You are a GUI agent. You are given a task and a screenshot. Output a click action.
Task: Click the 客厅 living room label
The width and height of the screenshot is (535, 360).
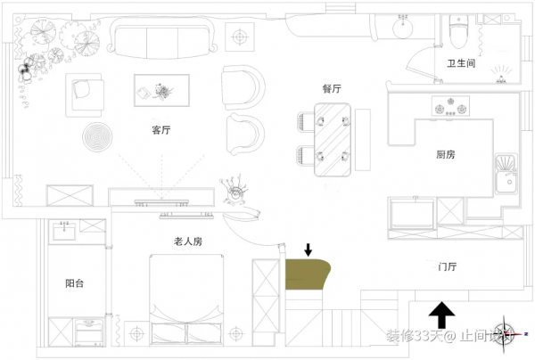point(160,130)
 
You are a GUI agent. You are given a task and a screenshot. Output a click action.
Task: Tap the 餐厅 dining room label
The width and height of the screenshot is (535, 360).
point(333,89)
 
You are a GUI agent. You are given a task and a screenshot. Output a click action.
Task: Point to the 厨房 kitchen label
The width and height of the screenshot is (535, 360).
point(446,155)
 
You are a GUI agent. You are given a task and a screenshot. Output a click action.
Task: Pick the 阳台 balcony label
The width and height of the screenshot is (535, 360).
point(76,284)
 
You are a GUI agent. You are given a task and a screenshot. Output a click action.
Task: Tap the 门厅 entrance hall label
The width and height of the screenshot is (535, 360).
point(448,266)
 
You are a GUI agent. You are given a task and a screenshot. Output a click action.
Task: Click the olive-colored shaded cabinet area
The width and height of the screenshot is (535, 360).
point(306,274)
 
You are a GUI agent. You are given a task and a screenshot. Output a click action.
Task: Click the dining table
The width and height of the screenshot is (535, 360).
point(332,137)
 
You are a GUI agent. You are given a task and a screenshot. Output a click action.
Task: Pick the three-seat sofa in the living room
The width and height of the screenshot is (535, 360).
point(166,38)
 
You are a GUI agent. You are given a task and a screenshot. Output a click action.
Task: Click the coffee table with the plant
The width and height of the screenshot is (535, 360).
point(162,88)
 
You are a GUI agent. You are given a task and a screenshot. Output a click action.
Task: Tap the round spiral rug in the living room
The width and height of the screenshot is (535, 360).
point(98,138)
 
